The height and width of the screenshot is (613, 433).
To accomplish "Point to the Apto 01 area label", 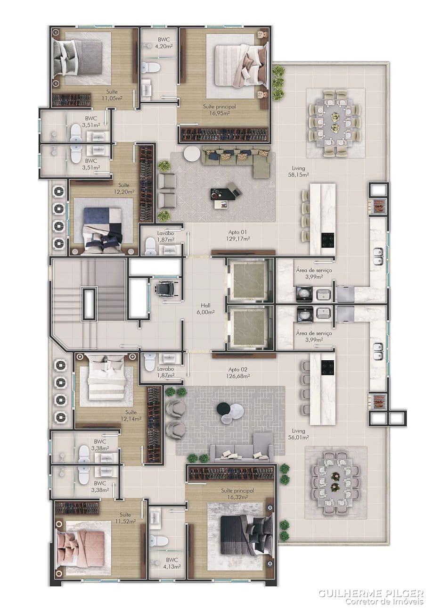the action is [x=237, y=235].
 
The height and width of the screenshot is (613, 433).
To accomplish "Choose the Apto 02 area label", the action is [x=237, y=373].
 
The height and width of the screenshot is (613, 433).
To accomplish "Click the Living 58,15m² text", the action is [x=298, y=171].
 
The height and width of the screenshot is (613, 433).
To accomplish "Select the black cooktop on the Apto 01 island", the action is [x=328, y=240].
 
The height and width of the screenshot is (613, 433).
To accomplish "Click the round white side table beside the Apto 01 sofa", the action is [x=192, y=155].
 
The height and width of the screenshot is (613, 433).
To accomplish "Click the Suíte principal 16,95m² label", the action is [x=219, y=110].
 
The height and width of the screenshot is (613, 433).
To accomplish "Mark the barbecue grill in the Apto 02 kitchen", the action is [x=378, y=401].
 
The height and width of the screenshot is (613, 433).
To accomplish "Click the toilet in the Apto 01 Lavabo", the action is [x=150, y=246].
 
